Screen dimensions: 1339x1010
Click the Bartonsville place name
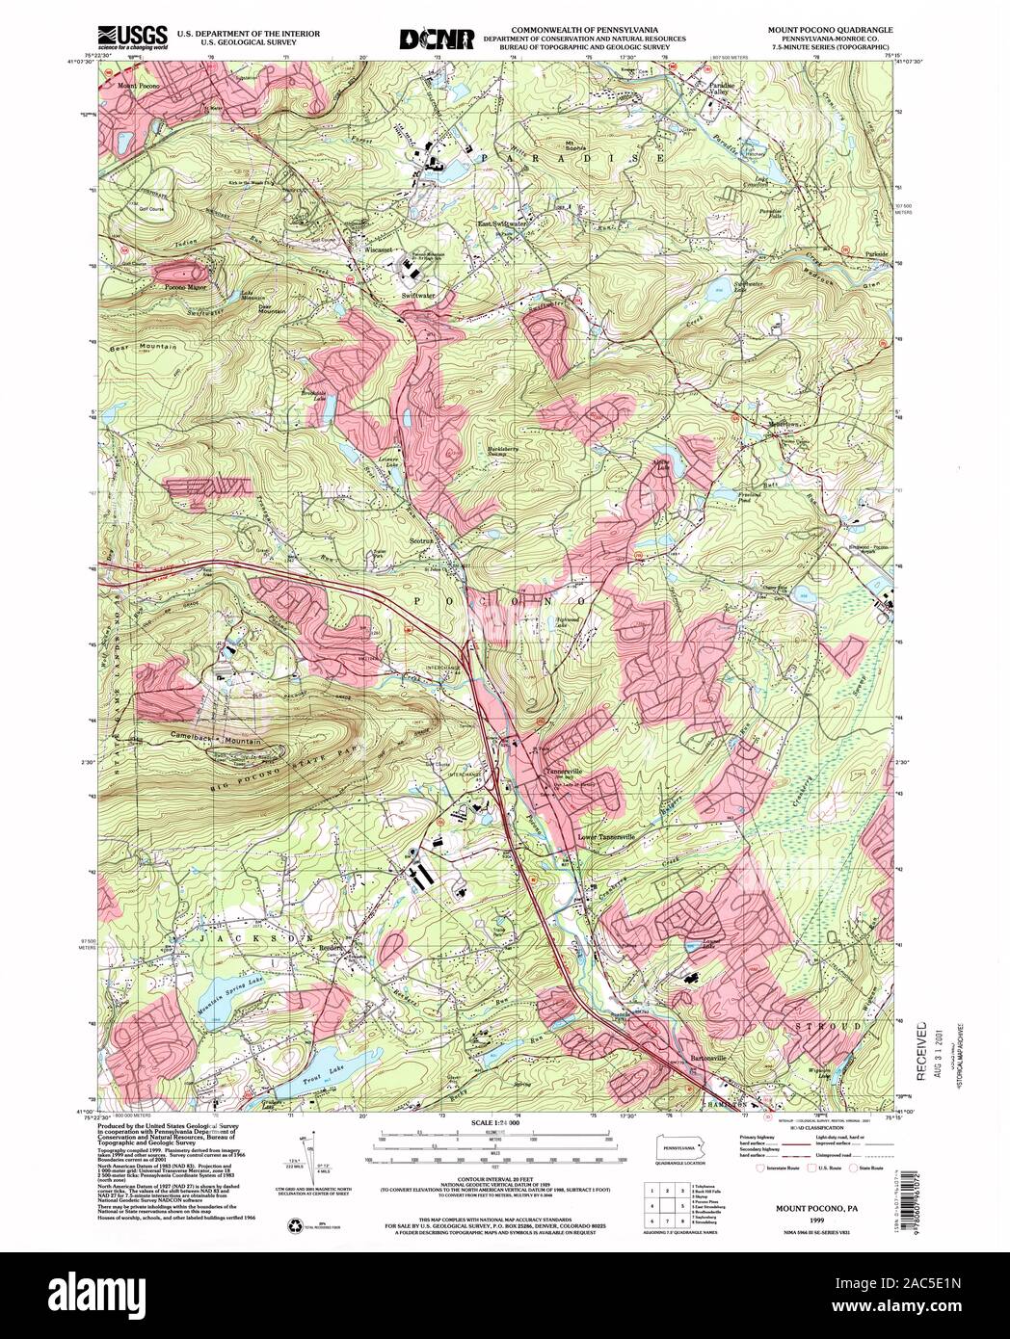(711, 1057)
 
